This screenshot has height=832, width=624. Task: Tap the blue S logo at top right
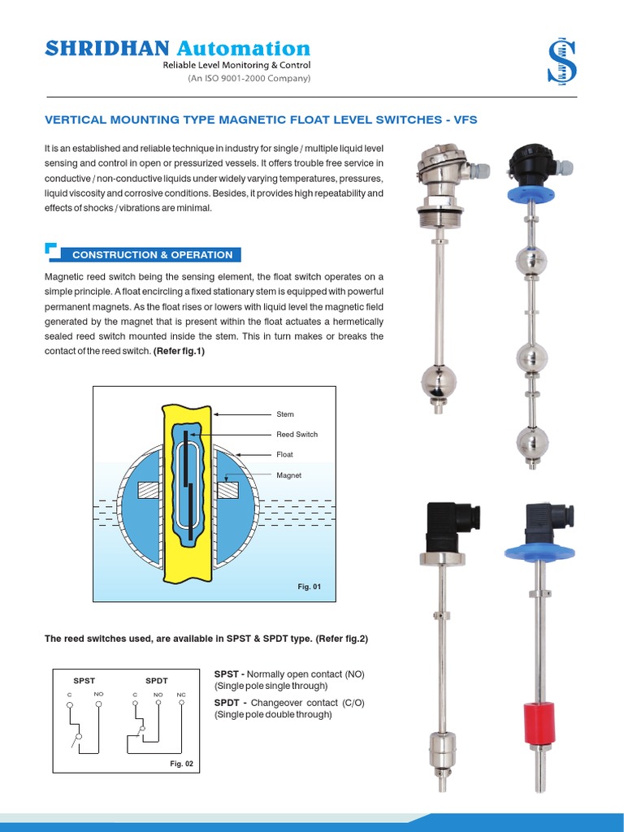pos(561,63)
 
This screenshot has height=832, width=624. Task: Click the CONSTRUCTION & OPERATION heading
pos(152,254)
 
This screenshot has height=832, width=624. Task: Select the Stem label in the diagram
pos(285,414)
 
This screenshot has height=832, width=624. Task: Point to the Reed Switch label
pos(297,435)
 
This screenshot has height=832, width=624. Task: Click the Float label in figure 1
pos(284,455)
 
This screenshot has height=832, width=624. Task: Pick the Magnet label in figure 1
pos(288,475)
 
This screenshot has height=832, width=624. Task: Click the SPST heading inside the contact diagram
pos(84,679)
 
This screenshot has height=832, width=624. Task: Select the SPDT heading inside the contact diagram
pos(157,679)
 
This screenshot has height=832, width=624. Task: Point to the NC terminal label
pos(180,695)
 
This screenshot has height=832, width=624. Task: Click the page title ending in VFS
pos(260,119)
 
